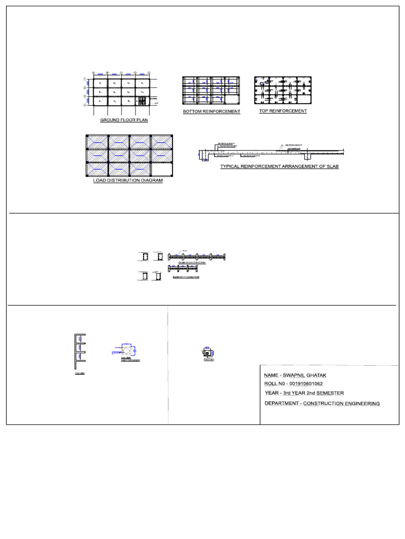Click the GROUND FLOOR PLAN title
[124, 120]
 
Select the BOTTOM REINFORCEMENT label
[211, 112]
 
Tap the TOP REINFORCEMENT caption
[283, 111]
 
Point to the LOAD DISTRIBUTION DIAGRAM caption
[128, 181]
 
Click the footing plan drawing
[207, 353]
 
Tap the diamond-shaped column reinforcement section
[127, 350]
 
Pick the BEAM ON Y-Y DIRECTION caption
[186, 277]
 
